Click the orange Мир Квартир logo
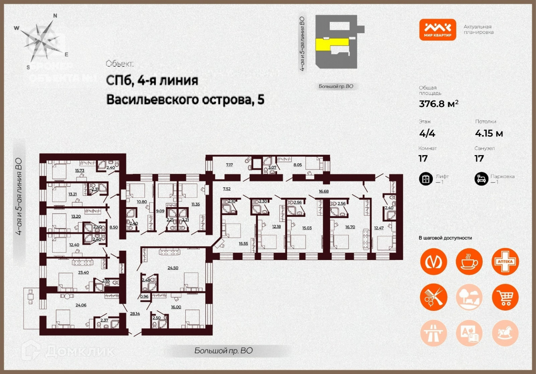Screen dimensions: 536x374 [437, 30]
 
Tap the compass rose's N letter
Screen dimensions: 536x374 [55, 16]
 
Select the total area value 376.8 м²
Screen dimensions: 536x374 [438, 104]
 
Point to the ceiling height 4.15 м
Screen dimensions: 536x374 [489, 133]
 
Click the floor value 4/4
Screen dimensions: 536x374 [427, 133]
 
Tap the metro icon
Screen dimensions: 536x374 [434, 262]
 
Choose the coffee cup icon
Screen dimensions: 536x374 [469, 262]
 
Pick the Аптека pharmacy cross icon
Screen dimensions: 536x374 [505, 262]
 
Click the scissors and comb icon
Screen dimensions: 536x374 [434, 297]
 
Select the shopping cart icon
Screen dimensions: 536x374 [505, 297]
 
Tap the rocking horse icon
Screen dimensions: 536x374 [505, 333]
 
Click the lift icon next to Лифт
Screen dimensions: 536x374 [426, 179]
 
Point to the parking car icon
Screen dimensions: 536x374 [481, 179]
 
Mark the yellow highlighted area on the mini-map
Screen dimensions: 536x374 [331, 44]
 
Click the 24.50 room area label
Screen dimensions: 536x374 [173, 268]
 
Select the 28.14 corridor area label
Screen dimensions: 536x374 [135, 313]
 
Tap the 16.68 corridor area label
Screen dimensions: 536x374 [323, 191]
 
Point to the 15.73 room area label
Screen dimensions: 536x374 [80, 170]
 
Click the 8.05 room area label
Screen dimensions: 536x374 [297, 165]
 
